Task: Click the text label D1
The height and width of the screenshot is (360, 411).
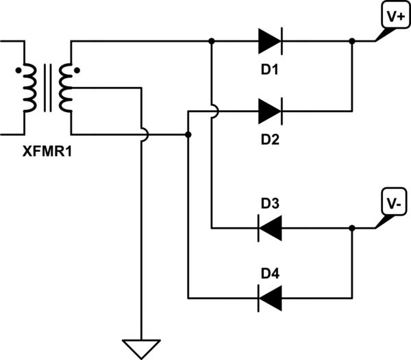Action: (x=270, y=70)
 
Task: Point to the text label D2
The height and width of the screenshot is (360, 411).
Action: (x=270, y=139)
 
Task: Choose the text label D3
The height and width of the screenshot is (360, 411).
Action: (x=270, y=203)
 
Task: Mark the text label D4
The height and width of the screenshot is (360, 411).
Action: (x=270, y=272)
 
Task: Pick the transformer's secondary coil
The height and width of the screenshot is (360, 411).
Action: (x=65, y=88)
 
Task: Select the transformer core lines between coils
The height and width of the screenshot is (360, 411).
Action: (x=47, y=88)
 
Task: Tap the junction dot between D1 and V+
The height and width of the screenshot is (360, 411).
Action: (x=351, y=41)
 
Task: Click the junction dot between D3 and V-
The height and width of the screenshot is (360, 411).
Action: (x=351, y=228)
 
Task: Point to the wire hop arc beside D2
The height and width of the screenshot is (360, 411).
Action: (x=213, y=110)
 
